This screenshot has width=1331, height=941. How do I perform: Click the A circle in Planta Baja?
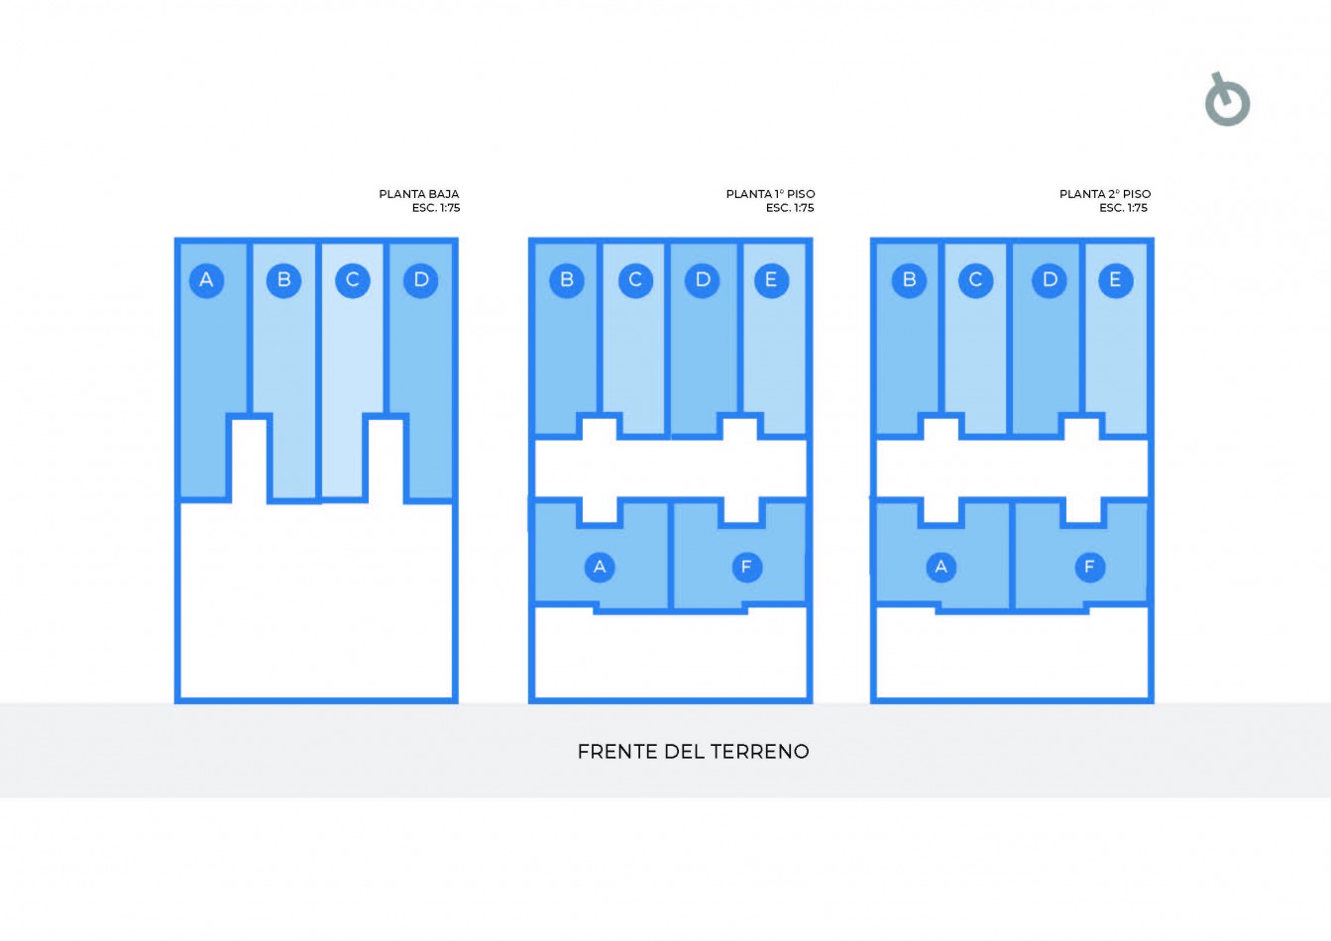[206, 279]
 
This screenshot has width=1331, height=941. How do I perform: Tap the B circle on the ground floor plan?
[283, 279]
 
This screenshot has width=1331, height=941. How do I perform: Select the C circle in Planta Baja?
[352, 279]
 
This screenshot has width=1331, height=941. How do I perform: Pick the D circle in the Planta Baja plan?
[421, 279]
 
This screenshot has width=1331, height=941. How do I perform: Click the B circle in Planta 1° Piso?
[567, 279]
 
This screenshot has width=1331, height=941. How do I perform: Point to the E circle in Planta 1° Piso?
[771, 279]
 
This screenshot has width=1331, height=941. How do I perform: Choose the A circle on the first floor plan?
[600, 567]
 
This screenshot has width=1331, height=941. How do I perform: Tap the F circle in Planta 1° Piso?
[746, 567]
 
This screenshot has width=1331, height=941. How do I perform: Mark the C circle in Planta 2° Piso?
[975, 279]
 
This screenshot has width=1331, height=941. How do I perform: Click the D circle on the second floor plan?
[1050, 279]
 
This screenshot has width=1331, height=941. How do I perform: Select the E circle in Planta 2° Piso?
[1115, 279]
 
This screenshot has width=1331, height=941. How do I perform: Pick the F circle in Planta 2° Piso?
[1089, 567]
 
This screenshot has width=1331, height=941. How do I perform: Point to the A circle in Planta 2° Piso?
[941, 567]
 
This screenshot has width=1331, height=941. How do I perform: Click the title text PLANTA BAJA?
[419, 194]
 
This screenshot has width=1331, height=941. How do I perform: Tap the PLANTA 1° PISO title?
[770, 194]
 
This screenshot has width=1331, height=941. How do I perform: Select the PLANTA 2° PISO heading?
[1105, 194]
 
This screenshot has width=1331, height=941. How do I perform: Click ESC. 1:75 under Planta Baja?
[436, 208]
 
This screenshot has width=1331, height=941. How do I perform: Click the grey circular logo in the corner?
[1227, 101]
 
